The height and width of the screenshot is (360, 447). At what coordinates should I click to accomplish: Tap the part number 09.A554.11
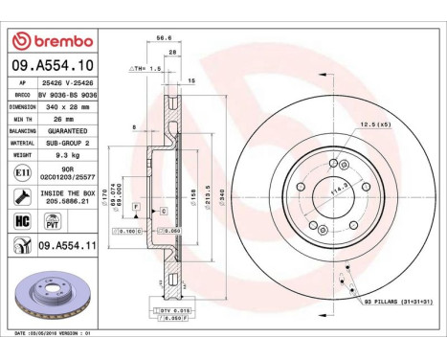point(69,246)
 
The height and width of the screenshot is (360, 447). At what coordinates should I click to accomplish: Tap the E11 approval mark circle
point(21,173)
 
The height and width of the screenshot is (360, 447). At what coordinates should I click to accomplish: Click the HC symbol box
point(21,220)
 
